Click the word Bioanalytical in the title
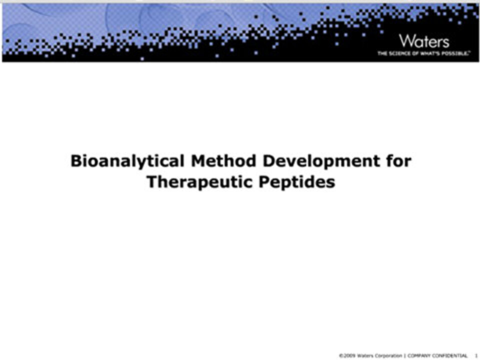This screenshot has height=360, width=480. tap(127, 161)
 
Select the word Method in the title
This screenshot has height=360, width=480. tap(223, 160)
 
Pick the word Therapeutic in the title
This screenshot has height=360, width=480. tap(199, 182)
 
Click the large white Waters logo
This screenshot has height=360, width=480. tap(424, 41)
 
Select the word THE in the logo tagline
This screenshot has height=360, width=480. tap(382, 53)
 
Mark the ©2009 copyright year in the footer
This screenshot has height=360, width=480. tap(347, 355)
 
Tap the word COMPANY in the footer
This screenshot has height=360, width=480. tap(419, 355)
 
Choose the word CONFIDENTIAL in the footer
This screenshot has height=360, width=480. tap(449, 355)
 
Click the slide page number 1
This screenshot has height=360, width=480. tap(476, 355)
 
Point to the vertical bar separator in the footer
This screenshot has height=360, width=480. tap(405, 355)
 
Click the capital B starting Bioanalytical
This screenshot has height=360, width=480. tap(75, 160)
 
